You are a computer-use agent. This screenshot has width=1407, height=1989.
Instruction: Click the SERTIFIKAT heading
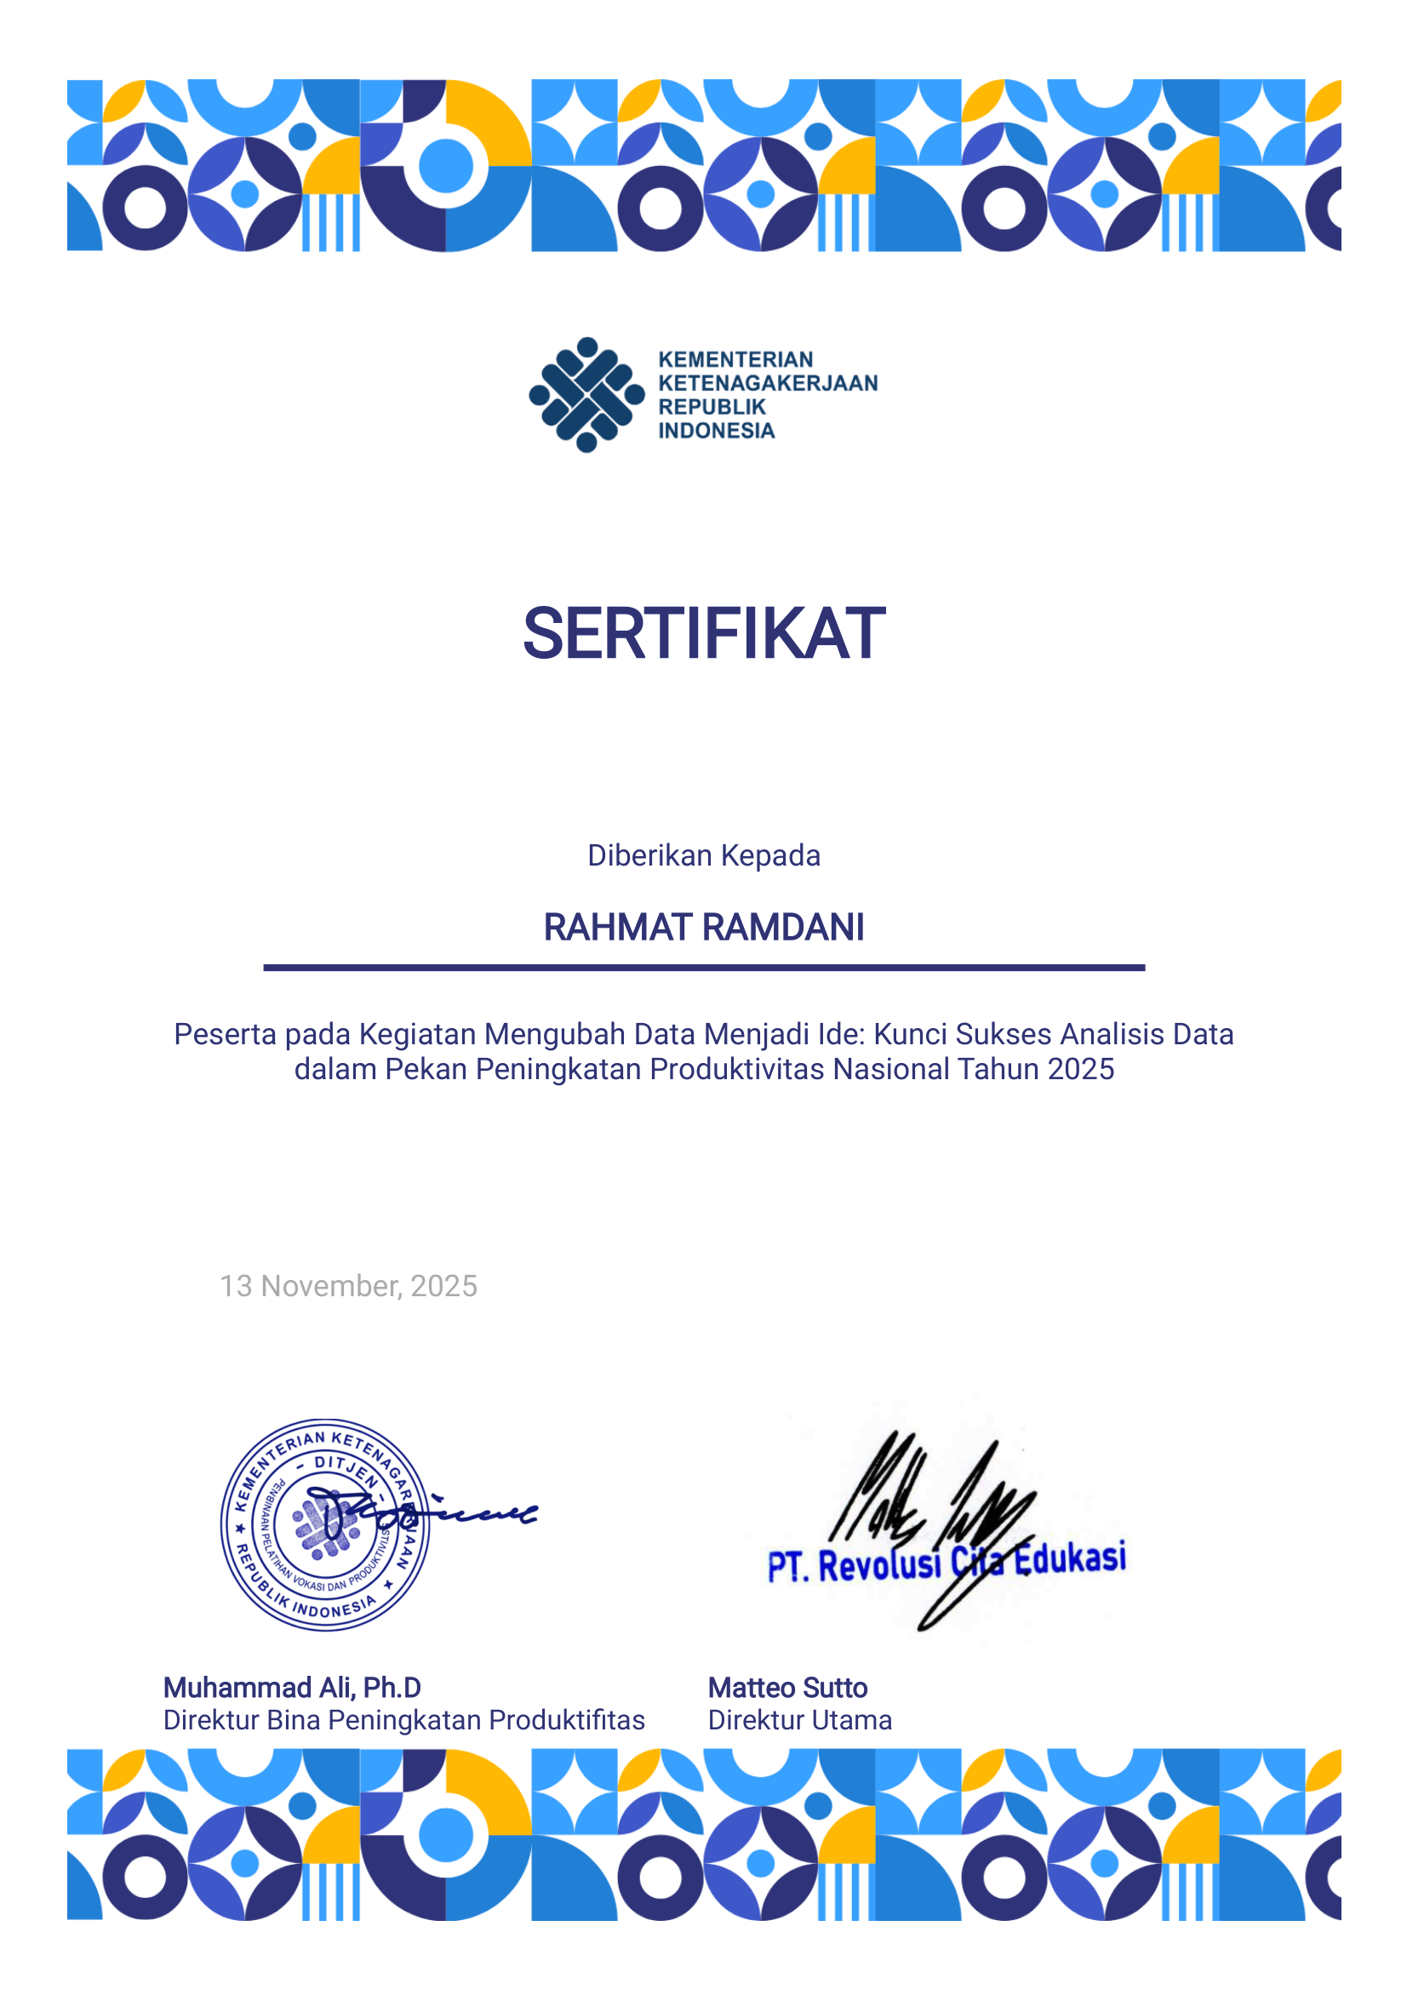pyautogui.click(x=703, y=634)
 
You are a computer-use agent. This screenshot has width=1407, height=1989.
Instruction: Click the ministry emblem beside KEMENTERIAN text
pyautogui.click(x=586, y=395)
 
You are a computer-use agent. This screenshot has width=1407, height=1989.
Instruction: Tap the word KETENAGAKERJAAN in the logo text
pyautogui.click(x=768, y=383)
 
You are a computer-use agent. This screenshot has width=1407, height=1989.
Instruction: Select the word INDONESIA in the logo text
pyautogui.click(x=716, y=431)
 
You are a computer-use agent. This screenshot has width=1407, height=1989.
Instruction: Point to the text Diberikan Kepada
pyautogui.click(x=703, y=855)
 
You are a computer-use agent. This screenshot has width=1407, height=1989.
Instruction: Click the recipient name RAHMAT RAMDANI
pyautogui.click(x=703, y=927)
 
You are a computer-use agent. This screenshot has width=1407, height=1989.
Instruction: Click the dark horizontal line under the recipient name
pyautogui.click(x=703, y=968)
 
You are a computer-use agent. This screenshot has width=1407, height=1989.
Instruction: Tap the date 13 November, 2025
pyautogui.click(x=347, y=1285)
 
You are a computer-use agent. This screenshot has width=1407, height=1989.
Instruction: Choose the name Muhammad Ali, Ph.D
pyautogui.click(x=292, y=1688)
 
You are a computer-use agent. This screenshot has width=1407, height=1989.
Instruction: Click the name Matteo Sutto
pyautogui.click(x=786, y=1688)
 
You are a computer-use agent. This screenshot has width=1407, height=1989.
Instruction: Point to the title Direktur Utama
pyautogui.click(x=798, y=1719)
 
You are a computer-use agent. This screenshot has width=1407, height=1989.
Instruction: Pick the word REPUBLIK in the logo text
pyautogui.click(x=712, y=406)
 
